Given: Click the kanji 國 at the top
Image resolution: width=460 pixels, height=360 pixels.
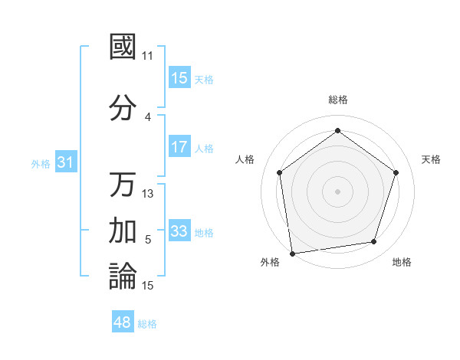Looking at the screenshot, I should click(123, 46).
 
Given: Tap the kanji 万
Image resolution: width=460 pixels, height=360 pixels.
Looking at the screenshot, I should click(123, 185).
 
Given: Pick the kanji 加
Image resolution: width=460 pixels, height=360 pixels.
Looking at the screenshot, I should click(123, 231).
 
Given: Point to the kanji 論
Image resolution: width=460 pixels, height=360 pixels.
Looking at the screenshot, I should click(123, 277).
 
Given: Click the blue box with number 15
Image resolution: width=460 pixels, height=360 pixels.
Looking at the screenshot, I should click(179, 78).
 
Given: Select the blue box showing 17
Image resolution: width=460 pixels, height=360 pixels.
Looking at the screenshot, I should click(179, 147).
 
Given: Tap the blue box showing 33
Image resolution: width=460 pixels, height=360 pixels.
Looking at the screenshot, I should click(179, 231).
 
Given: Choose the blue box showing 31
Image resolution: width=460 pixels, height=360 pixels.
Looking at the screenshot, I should click(66, 162).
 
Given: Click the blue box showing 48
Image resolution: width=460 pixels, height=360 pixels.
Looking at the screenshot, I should click(123, 322).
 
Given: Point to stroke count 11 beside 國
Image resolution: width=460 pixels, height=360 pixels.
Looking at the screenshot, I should click(148, 56).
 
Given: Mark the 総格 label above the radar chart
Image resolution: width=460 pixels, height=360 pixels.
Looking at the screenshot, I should click(337, 100).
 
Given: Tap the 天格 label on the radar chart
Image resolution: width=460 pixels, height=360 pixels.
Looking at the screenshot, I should click(431, 159).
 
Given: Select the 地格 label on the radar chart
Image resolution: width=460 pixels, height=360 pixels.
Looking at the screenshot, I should click(402, 262).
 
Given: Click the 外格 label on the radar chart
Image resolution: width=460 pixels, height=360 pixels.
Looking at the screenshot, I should click(270, 262).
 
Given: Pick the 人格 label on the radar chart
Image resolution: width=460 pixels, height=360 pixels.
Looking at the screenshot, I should click(245, 159).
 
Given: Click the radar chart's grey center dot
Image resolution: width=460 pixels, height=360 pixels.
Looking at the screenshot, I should click(337, 191).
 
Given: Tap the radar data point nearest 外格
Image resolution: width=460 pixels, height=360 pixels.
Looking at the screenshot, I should click(292, 253).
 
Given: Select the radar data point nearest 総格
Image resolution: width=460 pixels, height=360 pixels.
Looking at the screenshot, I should click(337, 131).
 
